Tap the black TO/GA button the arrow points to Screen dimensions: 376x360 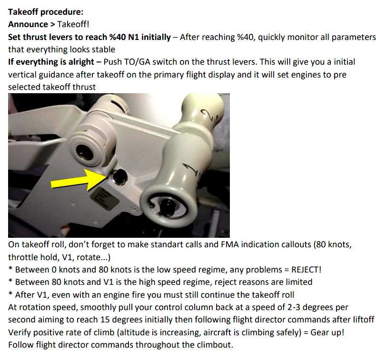(119, 176)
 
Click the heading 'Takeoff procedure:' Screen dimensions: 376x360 (46, 12)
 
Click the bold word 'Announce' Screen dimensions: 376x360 (28, 24)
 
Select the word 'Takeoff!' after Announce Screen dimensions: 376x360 (73, 24)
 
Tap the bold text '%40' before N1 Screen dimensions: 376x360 (118, 37)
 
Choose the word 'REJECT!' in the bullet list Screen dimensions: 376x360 (306, 270)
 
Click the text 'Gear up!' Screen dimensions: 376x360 (327, 332)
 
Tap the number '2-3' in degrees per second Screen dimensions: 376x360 (294, 307)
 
